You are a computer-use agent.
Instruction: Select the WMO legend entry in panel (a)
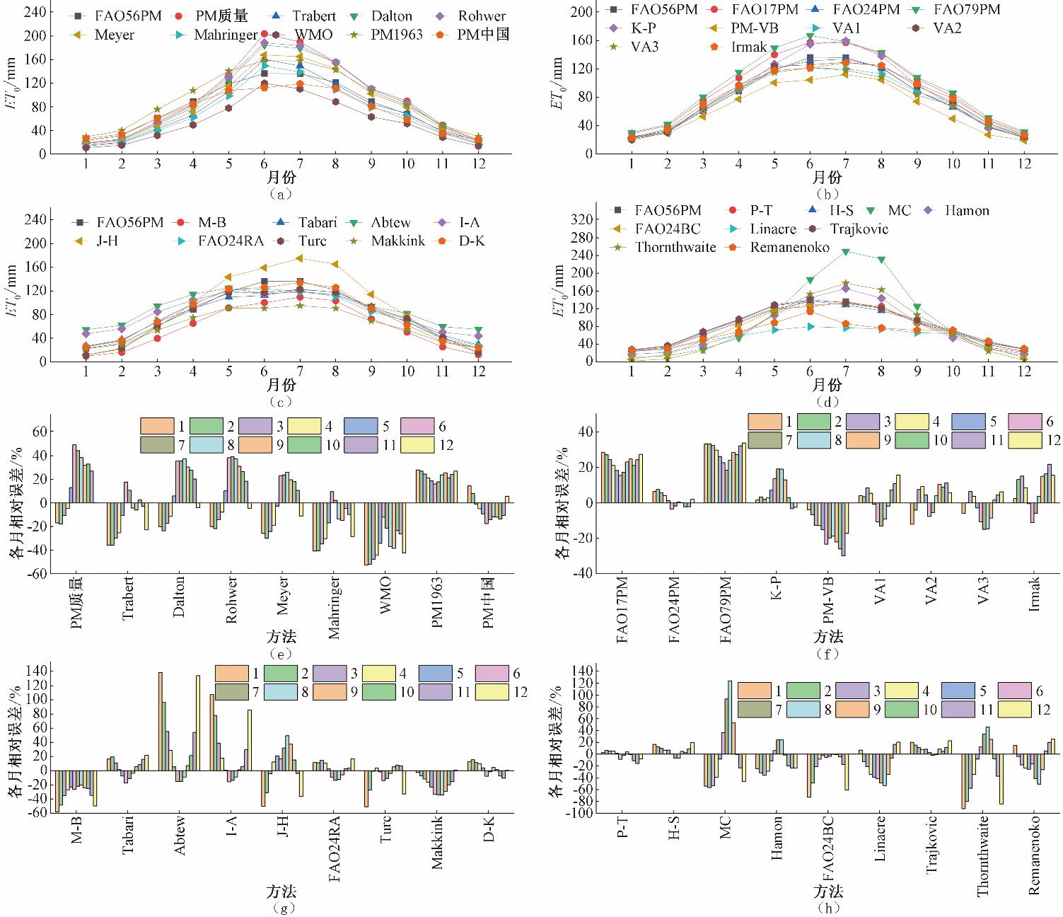(313, 34)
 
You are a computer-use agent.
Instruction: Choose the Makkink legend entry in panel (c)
(397, 241)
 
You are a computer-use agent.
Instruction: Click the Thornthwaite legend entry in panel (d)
(675, 247)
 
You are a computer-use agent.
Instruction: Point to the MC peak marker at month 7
(845, 251)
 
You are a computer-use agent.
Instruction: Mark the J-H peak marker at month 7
(300, 258)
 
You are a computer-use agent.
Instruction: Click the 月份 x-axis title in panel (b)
(827, 176)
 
